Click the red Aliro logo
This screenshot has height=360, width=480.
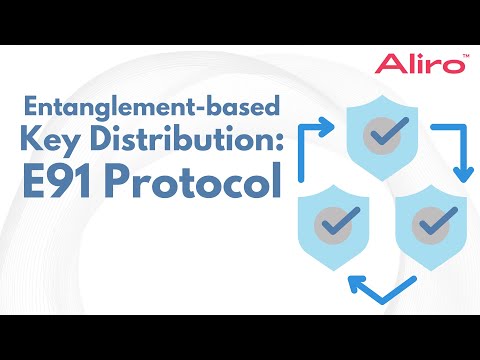pyautogui.click(x=420, y=64)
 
